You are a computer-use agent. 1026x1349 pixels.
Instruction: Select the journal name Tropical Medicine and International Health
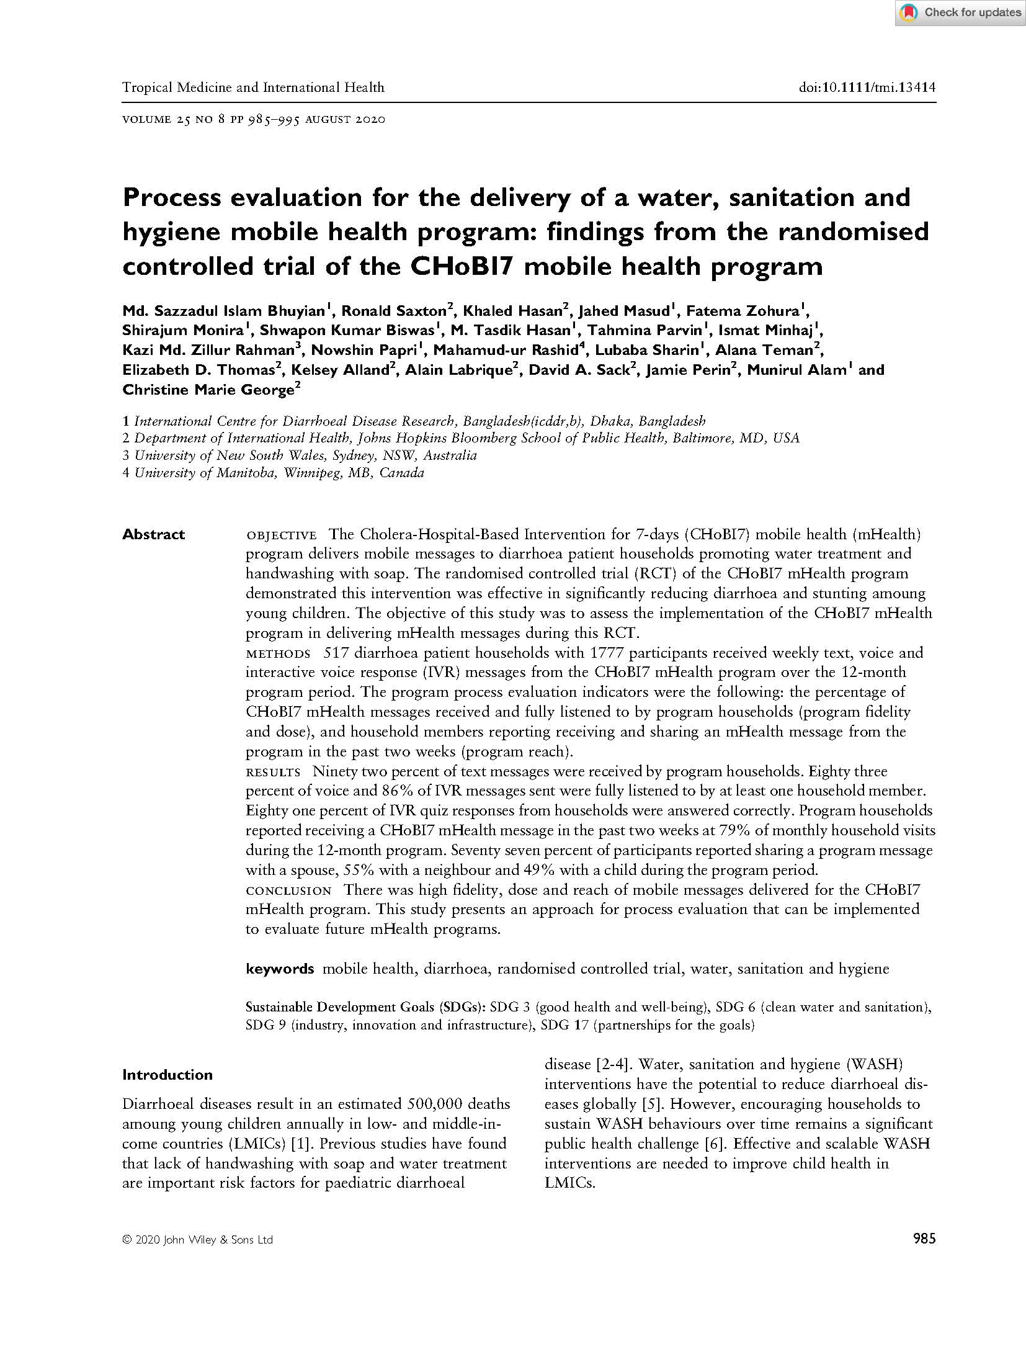pos(253,87)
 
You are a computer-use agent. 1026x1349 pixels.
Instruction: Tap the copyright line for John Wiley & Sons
pos(197,1240)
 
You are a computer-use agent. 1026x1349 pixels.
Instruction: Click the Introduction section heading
pos(167,1075)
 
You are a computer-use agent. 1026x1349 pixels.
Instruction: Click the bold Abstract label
pos(153,534)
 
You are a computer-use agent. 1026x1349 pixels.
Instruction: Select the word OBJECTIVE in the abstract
pos(282,536)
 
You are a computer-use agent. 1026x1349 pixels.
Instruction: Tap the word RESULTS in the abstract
pos(274,773)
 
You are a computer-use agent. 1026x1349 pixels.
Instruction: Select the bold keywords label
pos(280,969)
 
